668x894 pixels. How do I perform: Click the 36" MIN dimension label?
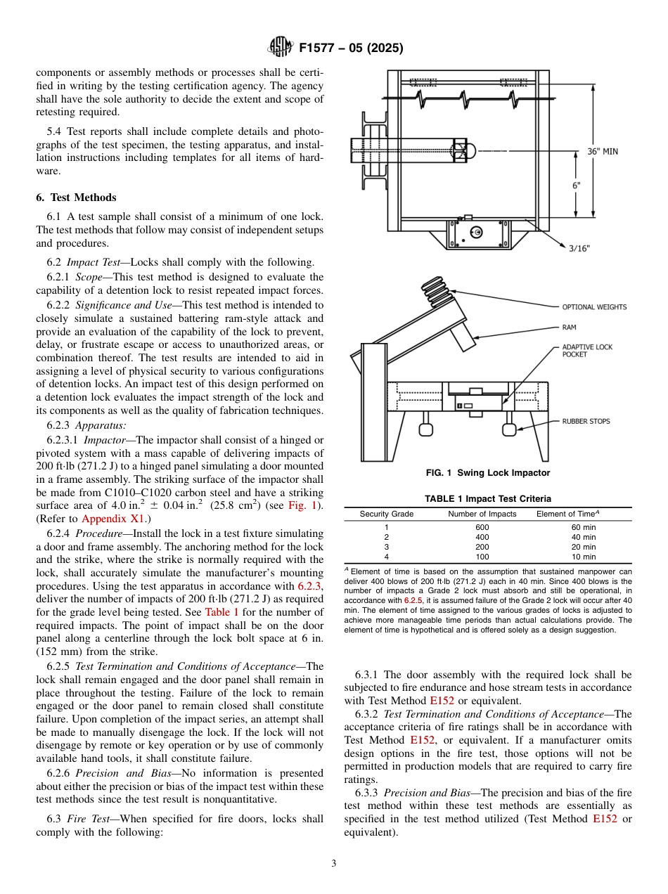[603, 151]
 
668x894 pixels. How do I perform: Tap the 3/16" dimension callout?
[579, 248]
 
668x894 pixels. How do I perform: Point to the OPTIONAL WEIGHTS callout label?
[594, 306]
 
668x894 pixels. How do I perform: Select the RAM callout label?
[569, 327]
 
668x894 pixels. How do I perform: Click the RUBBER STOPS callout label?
[586, 421]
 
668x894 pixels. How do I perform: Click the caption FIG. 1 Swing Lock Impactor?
[488, 473]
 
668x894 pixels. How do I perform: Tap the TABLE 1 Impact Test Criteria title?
[487, 499]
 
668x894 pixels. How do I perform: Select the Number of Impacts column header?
[482, 514]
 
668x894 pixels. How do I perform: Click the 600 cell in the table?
[482, 527]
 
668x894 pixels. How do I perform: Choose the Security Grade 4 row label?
[386, 557]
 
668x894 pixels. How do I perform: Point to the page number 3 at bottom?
[333, 864]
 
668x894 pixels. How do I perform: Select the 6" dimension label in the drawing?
[576, 186]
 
